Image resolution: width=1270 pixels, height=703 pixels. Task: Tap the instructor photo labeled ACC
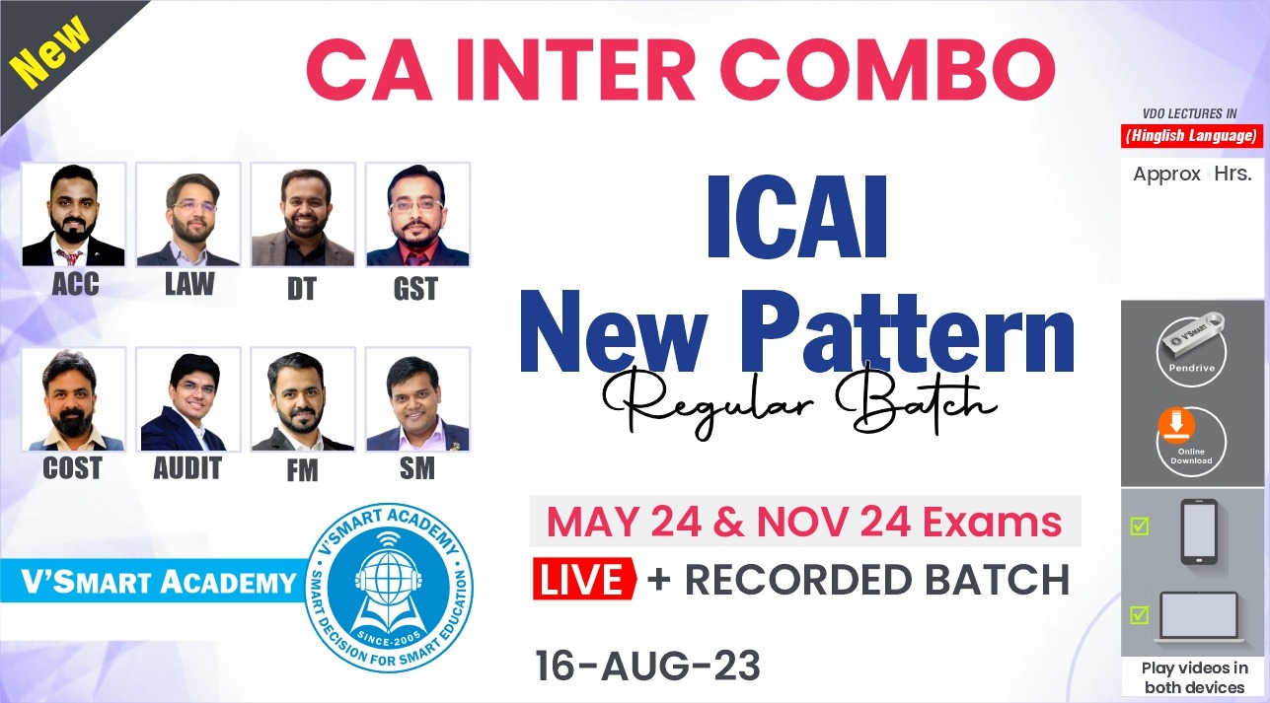(74, 215)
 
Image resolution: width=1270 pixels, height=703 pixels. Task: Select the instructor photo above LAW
(188, 215)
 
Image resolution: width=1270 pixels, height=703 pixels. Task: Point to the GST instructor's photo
(417, 215)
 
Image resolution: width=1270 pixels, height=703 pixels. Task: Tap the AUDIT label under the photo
(187, 468)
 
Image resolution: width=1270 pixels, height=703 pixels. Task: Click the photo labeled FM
(302, 399)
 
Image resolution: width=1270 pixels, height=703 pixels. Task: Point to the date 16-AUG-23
(647, 667)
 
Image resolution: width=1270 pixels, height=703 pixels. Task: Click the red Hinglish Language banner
(1191, 136)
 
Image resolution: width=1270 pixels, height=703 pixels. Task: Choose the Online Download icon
(1191, 440)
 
